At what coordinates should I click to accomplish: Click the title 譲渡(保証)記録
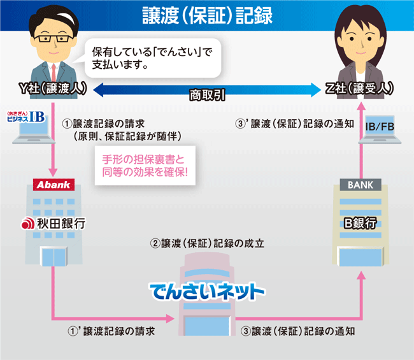[x=206, y=15]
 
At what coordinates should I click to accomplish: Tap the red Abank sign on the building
[x=54, y=185]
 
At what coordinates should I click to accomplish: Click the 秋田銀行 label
[x=54, y=224]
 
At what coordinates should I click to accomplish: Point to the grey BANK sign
[x=360, y=185]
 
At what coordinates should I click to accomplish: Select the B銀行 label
[x=360, y=224]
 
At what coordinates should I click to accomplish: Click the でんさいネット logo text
[x=207, y=292]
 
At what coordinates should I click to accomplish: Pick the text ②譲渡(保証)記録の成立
[x=207, y=243]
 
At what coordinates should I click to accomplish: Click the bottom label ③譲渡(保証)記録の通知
[x=298, y=331]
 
